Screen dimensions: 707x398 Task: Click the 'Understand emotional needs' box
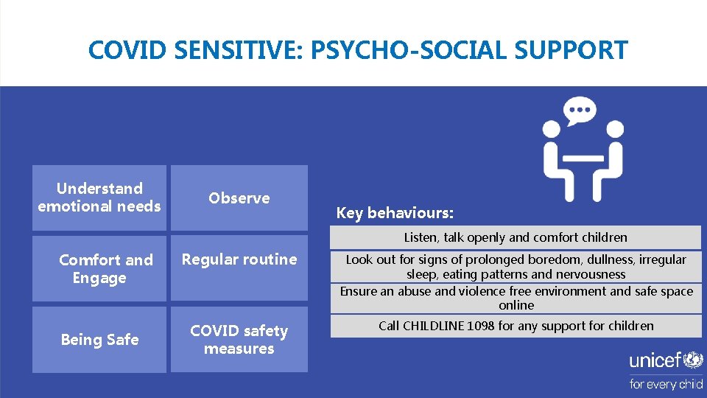pyautogui.click(x=99, y=198)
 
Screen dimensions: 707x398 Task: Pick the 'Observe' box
pyautogui.click(x=239, y=198)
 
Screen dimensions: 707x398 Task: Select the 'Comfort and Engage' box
pyautogui.click(x=99, y=268)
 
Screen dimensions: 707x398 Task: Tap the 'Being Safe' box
pyautogui.click(x=99, y=339)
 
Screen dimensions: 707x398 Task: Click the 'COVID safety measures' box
pyautogui.click(x=239, y=339)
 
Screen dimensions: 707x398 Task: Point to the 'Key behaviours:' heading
pyautogui.click(x=395, y=213)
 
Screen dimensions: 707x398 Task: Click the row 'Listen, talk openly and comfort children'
pyautogui.click(x=516, y=237)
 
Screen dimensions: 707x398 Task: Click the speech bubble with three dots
pyautogui.click(x=580, y=112)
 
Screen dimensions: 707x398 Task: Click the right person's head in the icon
pyautogui.click(x=615, y=130)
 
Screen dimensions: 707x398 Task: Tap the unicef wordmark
pyautogui.click(x=655, y=360)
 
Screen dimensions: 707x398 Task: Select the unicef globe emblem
pyautogui.click(x=694, y=360)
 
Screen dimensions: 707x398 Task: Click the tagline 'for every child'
pyautogui.click(x=666, y=384)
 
